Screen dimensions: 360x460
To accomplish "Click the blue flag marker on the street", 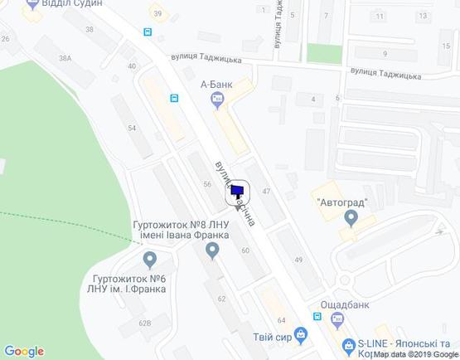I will [x=238, y=192].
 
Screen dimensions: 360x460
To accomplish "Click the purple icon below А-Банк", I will [x=217, y=100].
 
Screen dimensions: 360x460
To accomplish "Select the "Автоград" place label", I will [x=341, y=202].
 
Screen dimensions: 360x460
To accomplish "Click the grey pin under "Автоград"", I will [x=351, y=218].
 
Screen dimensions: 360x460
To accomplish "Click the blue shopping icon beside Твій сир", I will [x=300, y=335].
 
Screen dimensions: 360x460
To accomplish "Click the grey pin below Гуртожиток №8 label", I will [x=212, y=249].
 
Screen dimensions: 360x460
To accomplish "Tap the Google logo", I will [x=24, y=351].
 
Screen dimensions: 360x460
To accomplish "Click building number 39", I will [x=157, y=14].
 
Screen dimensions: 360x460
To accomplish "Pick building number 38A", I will [x=65, y=58].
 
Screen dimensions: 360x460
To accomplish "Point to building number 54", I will [x=132, y=129].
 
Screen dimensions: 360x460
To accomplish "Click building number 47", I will [x=267, y=192].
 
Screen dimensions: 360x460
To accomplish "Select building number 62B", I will [x=145, y=323].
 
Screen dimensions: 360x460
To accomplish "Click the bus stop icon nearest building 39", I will [x=148, y=32].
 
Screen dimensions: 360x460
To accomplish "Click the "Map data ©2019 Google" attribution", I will [x=415, y=354].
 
